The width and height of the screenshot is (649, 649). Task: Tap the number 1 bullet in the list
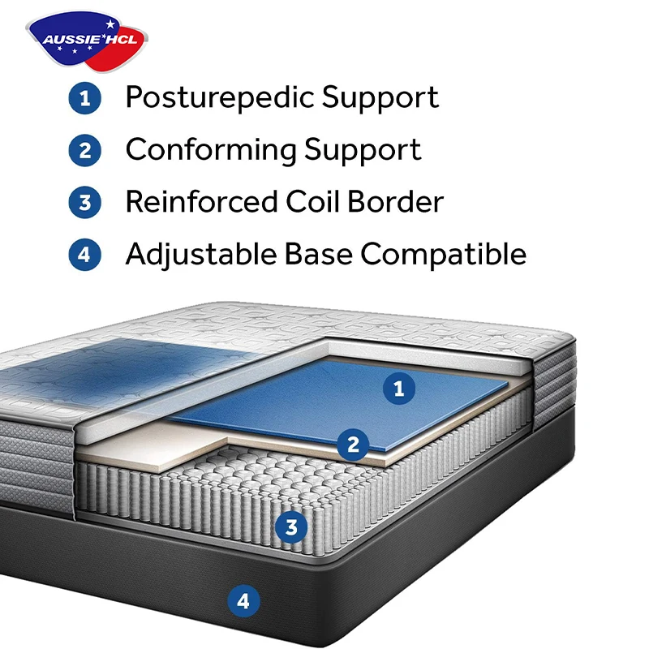[x=84, y=99]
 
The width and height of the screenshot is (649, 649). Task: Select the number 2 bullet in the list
[x=84, y=151]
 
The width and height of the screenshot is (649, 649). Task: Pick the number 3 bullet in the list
[x=84, y=203]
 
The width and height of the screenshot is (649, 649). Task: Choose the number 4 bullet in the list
[x=84, y=255]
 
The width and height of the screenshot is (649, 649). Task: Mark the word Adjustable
[x=198, y=255]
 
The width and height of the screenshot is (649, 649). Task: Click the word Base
[x=316, y=255]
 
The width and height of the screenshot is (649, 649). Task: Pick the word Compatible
[x=444, y=255]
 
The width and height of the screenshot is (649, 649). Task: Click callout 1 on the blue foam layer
[x=398, y=389]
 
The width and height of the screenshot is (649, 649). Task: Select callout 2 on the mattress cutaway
[x=353, y=444]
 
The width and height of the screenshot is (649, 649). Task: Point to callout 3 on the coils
[x=291, y=527]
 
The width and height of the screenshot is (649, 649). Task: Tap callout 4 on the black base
[x=243, y=601]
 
